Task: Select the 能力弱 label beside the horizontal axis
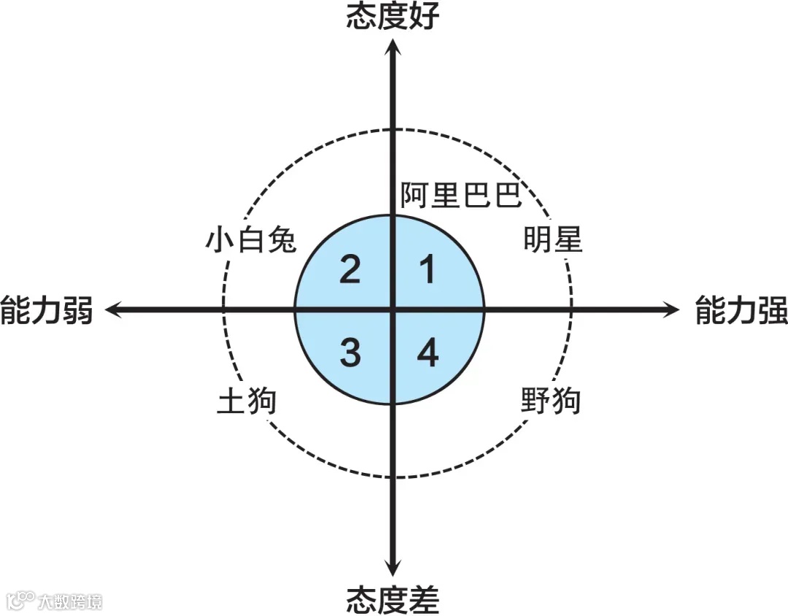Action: [x=47, y=311]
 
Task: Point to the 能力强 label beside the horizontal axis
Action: [x=741, y=311]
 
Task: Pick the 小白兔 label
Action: [x=251, y=240]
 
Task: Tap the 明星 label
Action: [x=553, y=240]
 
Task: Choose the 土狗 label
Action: [x=247, y=401]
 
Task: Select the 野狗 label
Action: [x=551, y=401]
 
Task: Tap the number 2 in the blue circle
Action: [x=350, y=271]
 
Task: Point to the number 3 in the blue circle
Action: [x=350, y=354]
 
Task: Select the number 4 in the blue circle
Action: [x=428, y=354]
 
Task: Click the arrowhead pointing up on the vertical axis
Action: [x=393, y=47]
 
